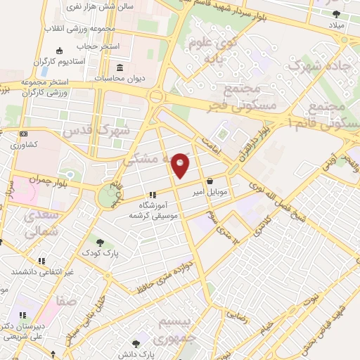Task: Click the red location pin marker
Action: [x=181, y=165]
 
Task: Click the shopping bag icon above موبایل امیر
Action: [x=210, y=181]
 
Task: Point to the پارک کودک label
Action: [x=99, y=252]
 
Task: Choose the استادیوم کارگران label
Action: [x=83, y=61]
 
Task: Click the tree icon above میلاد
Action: [x=336, y=13]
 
